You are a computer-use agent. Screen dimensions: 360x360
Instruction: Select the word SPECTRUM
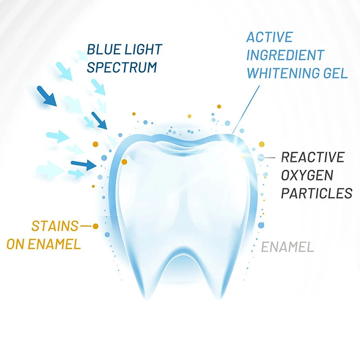[x=122, y=67]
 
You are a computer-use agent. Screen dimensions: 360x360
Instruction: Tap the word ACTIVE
[x=270, y=37]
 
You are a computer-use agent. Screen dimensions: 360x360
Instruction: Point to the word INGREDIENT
[x=285, y=55]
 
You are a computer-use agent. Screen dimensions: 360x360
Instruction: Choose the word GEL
[x=336, y=73]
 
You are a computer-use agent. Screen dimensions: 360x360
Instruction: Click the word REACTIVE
[x=313, y=157]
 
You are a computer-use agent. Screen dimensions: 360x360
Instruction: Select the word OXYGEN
[x=307, y=175]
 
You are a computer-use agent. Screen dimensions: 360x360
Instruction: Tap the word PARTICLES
[x=317, y=193]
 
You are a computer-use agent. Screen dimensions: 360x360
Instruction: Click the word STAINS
[x=55, y=226]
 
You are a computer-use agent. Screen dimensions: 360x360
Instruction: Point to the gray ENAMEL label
[x=288, y=247]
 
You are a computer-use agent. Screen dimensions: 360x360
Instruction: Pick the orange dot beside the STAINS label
[x=95, y=226]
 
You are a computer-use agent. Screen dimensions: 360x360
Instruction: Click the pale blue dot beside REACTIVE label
[x=261, y=157]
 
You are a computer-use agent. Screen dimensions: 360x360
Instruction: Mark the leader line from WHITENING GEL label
[x=246, y=109]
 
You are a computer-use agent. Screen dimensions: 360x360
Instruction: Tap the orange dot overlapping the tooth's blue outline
[x=124, y=162]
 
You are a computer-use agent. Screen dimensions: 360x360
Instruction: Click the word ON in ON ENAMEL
[x=15, y=244]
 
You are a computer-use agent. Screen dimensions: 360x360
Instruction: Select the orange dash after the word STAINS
[x=86, y=226]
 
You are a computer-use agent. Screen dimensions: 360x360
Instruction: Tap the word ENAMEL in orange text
[x=54, y=244]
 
